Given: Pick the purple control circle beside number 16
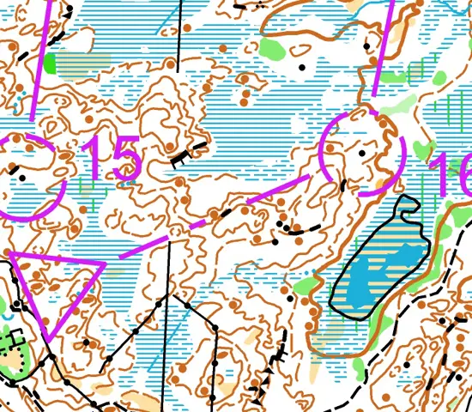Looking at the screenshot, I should pos(361,153).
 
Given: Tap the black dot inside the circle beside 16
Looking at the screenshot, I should pos(362,153).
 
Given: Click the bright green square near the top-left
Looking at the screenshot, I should pos(50,62).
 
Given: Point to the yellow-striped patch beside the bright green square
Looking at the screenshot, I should pos(86,62).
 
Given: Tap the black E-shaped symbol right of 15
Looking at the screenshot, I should pos(182,156).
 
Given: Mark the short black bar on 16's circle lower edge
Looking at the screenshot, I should pos(344,186).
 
